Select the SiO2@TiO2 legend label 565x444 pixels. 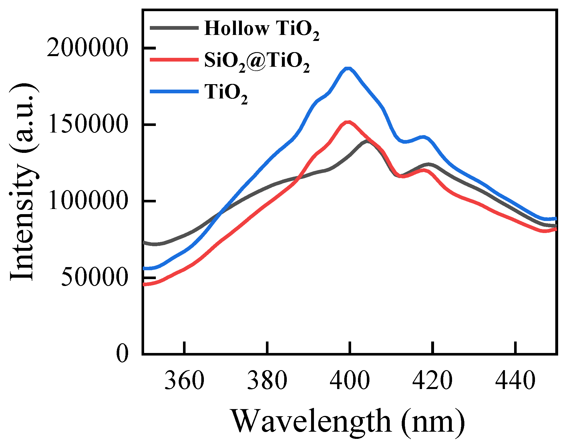point(257,61)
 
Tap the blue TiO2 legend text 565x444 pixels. point(226,93)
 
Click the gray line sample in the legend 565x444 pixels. point(174,28)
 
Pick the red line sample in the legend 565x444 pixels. point(174,60)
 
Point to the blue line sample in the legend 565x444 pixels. point(174,91)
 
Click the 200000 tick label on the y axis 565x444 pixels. point(87,48)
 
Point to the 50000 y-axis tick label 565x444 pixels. point(94,277)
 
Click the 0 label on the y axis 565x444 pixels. point(122,354)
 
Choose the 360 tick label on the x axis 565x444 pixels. point(185,381)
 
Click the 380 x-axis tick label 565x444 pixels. point(267,381)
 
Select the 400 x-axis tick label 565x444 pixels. point(349,381)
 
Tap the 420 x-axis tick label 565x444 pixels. point(432,381)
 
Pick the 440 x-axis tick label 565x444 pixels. point(515,381)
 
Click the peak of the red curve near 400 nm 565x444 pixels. point(348,122)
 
